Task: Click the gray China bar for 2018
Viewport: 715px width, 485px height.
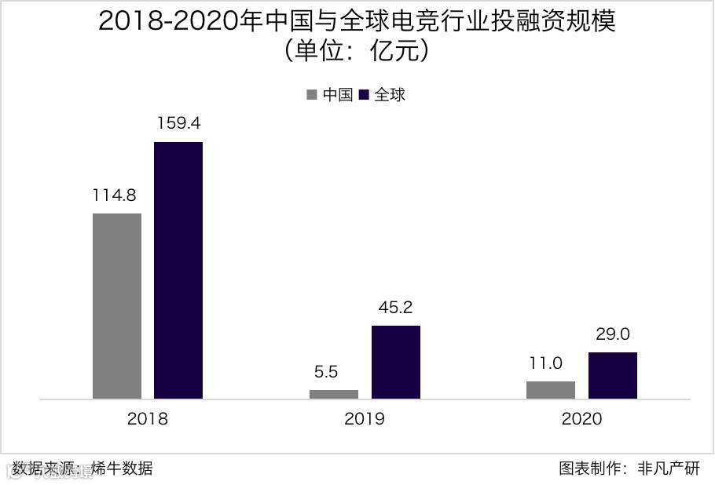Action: coord(117,306)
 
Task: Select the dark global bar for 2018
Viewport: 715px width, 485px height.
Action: coord(178,270)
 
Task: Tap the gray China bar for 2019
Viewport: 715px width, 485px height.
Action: coord(334,394)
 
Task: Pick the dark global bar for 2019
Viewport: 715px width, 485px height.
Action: coord(396,362)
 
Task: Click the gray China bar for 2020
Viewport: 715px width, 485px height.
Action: coord(551,390)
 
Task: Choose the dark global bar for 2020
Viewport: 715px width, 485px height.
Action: coord(613,375)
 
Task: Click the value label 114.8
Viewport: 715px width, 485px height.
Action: coord(116,195)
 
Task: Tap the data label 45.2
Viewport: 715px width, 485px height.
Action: coord(395,307)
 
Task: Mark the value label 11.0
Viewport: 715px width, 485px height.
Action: coord(551,363)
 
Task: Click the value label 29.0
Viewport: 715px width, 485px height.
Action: coord(613,334)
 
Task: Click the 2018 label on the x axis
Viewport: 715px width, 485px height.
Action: coord(148,418)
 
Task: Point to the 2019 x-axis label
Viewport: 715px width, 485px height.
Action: coord(365,418)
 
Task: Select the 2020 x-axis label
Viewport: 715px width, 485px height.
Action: coord(582,418)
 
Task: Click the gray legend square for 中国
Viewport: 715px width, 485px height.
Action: coord(312,95)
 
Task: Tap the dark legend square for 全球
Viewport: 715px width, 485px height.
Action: coord(364,95)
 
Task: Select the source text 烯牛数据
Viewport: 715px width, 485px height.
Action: coord(122,469)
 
